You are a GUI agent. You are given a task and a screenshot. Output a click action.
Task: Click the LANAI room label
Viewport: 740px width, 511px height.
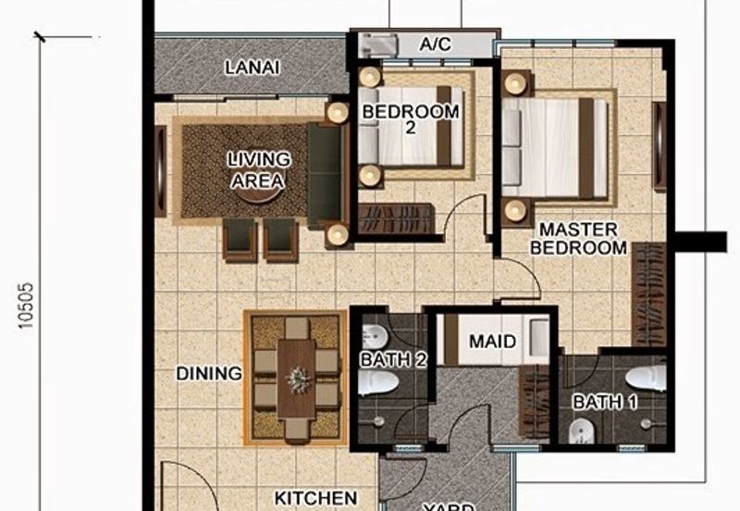coord(253,68)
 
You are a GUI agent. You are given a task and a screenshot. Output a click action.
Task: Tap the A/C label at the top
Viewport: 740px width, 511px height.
coord(435,44)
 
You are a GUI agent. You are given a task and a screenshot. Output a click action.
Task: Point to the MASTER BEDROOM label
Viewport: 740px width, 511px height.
coord(584,238)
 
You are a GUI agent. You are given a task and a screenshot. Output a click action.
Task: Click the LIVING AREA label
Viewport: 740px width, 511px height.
coord(259,170)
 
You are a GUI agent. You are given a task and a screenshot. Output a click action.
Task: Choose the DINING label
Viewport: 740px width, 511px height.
coord(209,374)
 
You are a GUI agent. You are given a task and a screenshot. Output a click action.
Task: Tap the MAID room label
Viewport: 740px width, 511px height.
coord(492,342)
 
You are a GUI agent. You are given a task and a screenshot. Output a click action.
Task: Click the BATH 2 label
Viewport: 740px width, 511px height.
coord(394,361)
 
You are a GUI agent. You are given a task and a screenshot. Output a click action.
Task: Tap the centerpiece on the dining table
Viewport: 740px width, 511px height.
coord(297,378)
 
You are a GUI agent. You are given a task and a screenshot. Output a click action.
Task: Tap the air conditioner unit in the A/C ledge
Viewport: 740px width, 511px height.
coord(379,44)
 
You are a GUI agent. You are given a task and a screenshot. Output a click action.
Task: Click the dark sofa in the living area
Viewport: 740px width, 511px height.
coord(325,174)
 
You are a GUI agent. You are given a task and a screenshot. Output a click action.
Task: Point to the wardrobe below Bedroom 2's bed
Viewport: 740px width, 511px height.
coord(396,219)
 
